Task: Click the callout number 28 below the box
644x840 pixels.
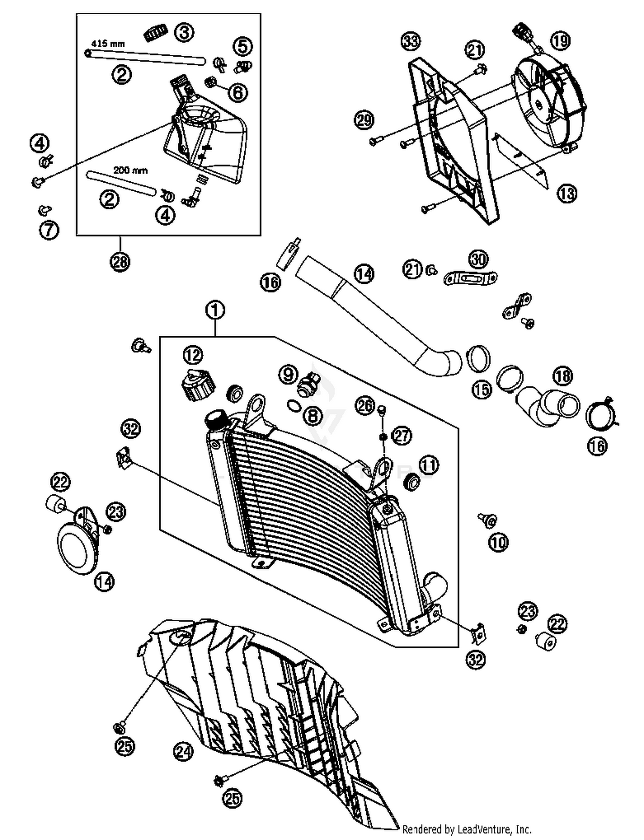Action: coord(120,261)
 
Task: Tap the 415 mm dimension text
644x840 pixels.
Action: coord(108,44)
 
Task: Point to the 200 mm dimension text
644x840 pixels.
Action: coord(130,170)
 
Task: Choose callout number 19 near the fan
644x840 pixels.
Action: coord(560,41)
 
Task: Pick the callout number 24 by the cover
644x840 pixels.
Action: coord(183,751)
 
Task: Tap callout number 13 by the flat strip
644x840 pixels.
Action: coord(567,194)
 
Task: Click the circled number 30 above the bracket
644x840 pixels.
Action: coord(478,259)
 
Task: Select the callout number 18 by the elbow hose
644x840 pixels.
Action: coord(563,376)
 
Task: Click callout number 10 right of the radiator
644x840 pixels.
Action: coord(498,542)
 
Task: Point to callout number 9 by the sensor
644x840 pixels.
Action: coord(288,374)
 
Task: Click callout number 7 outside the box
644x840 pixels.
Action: coord(49,230)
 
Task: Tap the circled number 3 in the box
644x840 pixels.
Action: coord(184,32)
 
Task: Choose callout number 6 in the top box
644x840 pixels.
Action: coord(238,92)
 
